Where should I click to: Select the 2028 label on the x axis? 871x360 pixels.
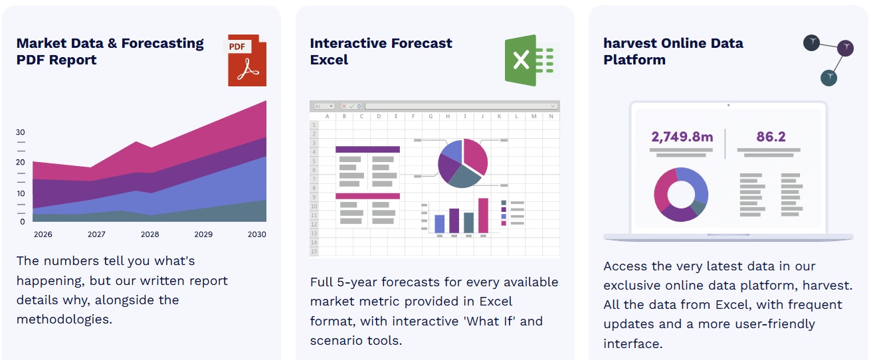coord(149,234)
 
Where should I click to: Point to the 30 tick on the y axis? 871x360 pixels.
coord(20,132)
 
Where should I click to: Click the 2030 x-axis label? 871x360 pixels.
coord(256,234)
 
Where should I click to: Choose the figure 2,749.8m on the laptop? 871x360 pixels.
coord(682,137)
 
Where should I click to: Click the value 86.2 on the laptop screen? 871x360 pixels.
coord(771,137)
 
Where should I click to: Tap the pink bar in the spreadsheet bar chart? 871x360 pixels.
coord(483,215)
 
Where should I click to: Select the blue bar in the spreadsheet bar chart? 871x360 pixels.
coord(439,224)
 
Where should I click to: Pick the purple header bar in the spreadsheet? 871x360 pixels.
coord(367,149)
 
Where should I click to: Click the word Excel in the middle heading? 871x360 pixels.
coord(329,60)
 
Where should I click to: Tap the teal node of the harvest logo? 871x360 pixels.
coord(828,78)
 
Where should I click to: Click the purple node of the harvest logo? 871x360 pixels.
coord(845,48)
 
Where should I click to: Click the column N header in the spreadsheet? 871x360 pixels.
coord(551,116)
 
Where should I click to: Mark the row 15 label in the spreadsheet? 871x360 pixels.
coord(314,252)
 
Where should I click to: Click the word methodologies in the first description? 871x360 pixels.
coord(64,319)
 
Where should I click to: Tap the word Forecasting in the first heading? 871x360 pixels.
coord(162,44)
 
